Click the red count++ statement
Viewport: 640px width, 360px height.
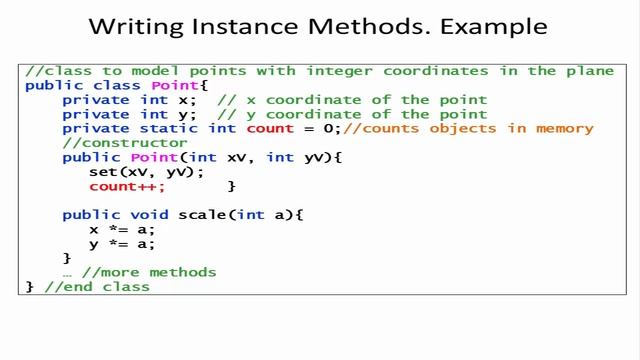[127, 186]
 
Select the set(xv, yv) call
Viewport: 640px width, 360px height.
[146, 172]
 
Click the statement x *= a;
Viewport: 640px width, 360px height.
[122, 229]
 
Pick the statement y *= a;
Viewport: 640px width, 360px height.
[122, 244]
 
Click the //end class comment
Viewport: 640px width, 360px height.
[97, 287]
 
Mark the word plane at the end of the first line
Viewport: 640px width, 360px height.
[585, 71]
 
